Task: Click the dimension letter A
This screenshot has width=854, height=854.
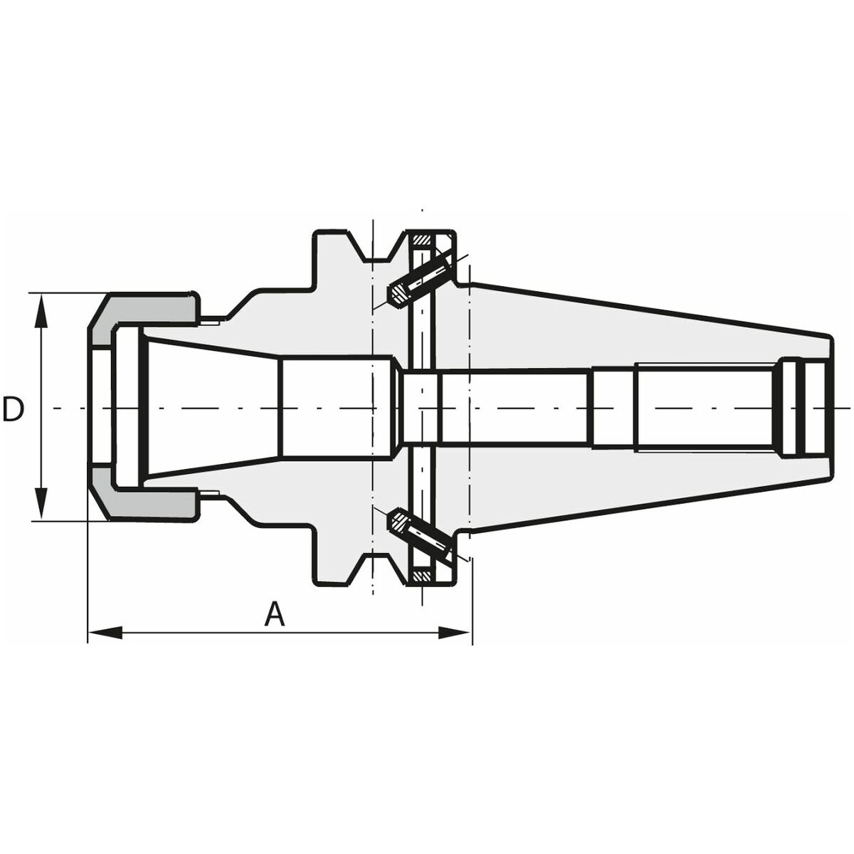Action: click(274, 614)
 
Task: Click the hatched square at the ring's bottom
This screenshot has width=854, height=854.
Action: click(423, 575)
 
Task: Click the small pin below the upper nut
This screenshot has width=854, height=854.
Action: click(211, 322)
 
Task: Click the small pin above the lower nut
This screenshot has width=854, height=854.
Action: click(211, 492)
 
